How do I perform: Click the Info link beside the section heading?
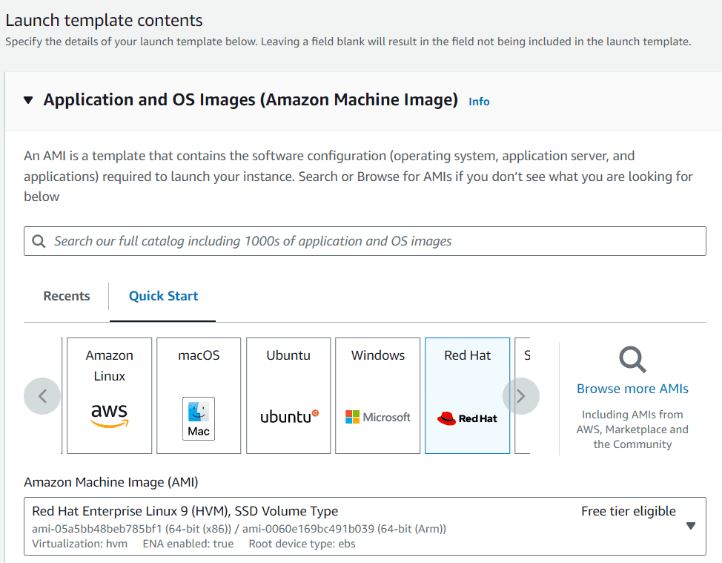(479, 102)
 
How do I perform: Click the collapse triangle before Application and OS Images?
(28, 100)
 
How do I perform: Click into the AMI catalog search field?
(365, 241)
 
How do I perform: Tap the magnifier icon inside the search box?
(39, 241)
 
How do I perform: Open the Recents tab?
(67, 296)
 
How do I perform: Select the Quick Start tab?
(164, 296)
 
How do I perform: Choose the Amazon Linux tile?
(109, 396)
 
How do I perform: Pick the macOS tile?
(199, 396)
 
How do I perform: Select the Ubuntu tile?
(288, 396)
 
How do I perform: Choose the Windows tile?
(377, 396)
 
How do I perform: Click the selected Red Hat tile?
(467, 396)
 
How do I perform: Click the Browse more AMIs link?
(632, 389)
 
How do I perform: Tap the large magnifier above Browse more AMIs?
(632, 359)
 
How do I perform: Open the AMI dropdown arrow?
(691, 526)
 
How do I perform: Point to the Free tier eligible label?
(629, 511)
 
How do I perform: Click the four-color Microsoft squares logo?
(352, 417)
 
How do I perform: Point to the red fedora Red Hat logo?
(446, 418)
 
